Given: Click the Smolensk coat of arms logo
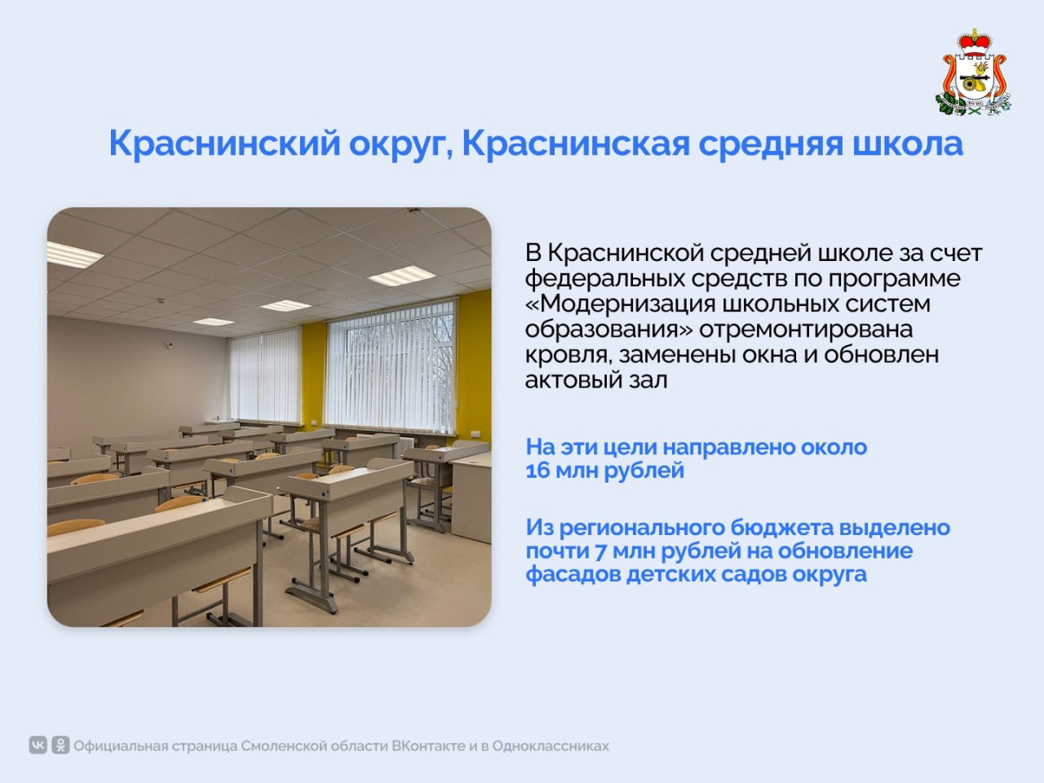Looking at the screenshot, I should pos(973,73).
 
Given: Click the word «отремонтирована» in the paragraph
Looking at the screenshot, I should pos(806,330).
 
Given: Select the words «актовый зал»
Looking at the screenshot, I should pos(596,380).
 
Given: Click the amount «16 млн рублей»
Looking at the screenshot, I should pos(604,471).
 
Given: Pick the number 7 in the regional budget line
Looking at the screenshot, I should pos(600,551).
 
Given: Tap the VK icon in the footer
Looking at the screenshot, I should pos(38,745).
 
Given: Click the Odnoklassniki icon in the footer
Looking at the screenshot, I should pos(60,745).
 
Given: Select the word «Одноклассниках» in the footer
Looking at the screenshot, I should pos(551,746).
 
